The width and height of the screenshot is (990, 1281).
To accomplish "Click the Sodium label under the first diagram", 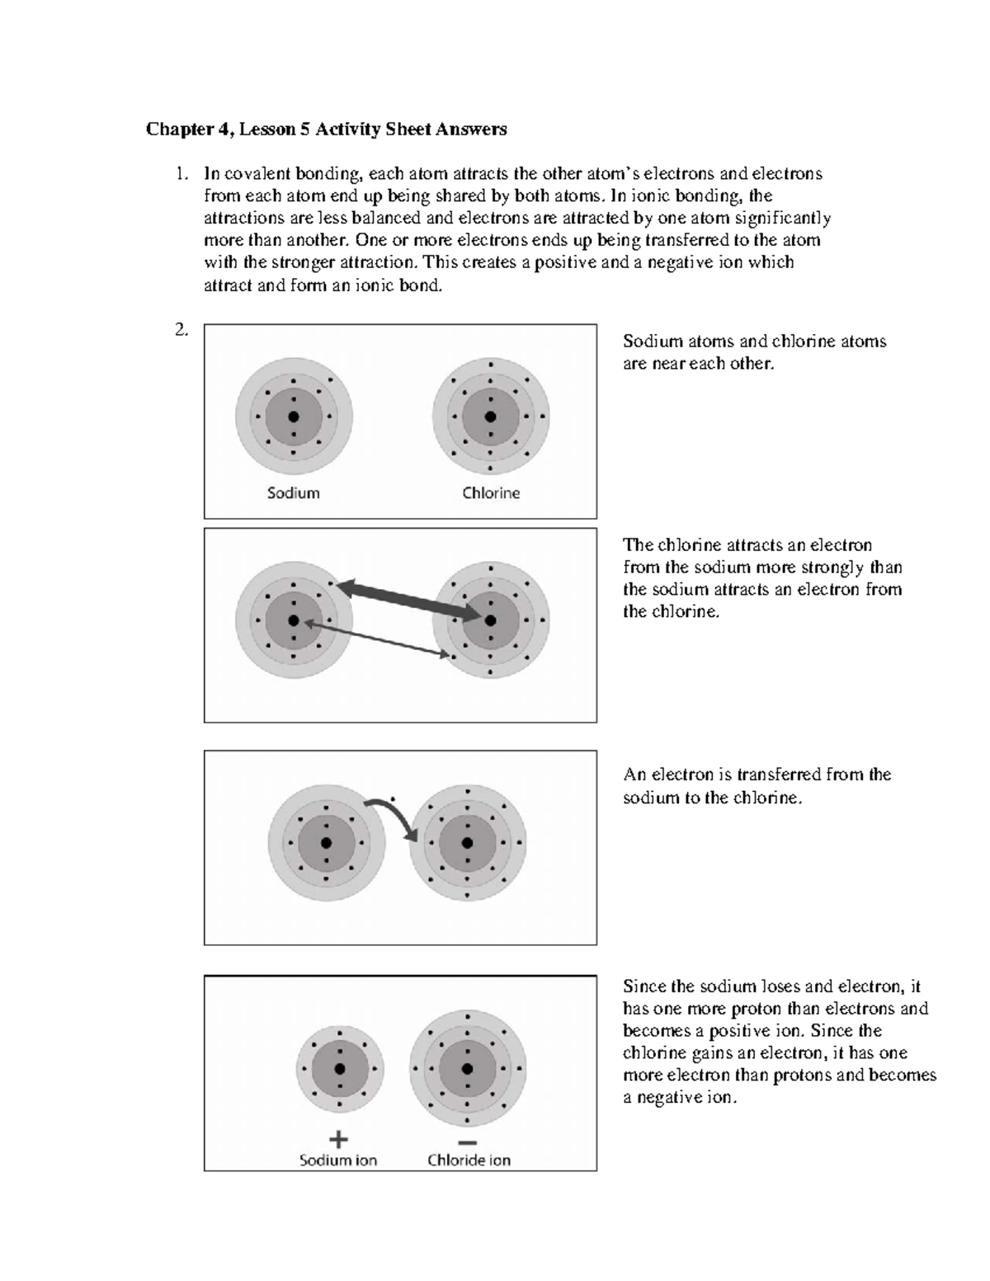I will coord(293,493).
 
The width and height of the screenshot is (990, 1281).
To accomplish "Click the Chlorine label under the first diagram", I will coord(491,493).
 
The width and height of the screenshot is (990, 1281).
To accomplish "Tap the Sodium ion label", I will coord(338,1161).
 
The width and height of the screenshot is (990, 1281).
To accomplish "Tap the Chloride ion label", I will coord(469,1161).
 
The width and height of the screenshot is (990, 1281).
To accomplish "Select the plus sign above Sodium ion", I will coord(338,1139).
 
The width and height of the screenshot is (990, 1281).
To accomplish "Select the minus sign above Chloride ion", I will coord(467,1142).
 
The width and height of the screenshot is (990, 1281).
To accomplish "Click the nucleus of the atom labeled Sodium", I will coord(293,417).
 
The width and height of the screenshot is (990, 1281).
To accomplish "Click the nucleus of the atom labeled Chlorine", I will coord(491,417).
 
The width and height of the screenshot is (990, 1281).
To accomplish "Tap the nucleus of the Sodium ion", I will coord(338,1069).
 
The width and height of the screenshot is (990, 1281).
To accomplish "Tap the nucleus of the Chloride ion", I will coord(468,1069).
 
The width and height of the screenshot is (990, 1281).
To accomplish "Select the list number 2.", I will coord(181,331).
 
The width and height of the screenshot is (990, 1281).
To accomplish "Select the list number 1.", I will coord(181,174).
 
